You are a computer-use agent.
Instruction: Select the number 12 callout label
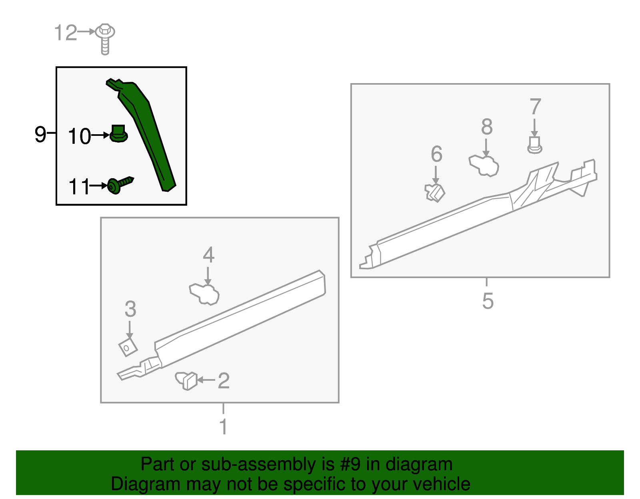click(x=66, y=33)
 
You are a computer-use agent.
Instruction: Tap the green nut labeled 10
click(x=118, y=134)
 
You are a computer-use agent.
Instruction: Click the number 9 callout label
click(x=40, y=134)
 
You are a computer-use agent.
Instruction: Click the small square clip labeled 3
click(x=128, y=347)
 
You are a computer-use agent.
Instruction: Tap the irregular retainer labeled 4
click(x=204, y=294)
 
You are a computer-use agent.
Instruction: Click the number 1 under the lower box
click(x=223, y=427)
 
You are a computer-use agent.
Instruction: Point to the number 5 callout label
click(x=488, y=301)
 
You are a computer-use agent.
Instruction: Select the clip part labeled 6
click(x=435, y=192)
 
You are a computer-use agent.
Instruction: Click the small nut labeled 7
click(x=534, y=145)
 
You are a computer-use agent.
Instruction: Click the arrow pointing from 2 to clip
click(x=206, y=380)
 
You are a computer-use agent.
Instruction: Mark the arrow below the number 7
click(x=534, y=127)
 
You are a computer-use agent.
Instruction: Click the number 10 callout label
click(x=80, y=136)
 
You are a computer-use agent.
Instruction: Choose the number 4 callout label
click(x=208, y=254)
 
